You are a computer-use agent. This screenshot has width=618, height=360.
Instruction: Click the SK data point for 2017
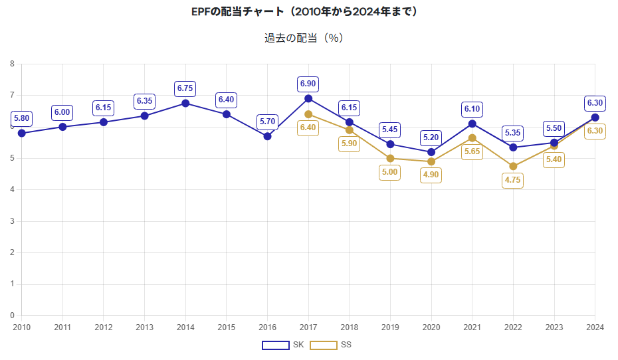pyautogui.click(x=308, y=98)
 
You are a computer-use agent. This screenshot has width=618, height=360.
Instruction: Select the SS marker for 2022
pyautogui.click(x=513, y=166)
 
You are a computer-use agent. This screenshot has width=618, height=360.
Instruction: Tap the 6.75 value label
pyautogui.click(x=185, y=88)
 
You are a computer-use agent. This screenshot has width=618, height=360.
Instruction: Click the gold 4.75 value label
pyautogui.click(x=513, y=180)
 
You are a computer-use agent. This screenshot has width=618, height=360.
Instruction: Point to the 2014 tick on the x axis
pyautogui.click(x=185, y=327)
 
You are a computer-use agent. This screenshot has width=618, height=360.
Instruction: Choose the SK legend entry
pyautogui.click(x=282, y=345)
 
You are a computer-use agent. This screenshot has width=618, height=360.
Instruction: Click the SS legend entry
pyautogui.click(x=330, y=345)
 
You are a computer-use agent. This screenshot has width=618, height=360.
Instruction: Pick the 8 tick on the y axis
pyautogui.click(x=12, y=64)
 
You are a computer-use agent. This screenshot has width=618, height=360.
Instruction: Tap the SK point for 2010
pyautogui.click(x=22, y=133)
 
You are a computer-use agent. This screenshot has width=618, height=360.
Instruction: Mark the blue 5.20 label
pyautogui.click(x=431, y=137)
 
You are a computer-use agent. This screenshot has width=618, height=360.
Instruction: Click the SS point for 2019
pyautogui.click(x=390, y=158)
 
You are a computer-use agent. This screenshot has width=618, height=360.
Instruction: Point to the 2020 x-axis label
pyautogui.click(x=431, y=327)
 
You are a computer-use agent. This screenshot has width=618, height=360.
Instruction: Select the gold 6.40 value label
pyautogui.click(x=308, y=128)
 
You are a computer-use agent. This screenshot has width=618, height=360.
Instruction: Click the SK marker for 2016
pyautogui.click(x=267, y=136)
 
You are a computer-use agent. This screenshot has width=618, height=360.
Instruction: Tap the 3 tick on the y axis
pyautogui.click(x=12, y=221)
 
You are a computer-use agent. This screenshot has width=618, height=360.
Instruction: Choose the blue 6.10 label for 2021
pyautogui.click(x=472, y=109)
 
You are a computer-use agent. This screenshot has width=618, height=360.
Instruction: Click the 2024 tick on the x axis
pyautogui.click(x=595, y=327)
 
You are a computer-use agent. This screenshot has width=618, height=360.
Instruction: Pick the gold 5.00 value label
pyautogui.click(x=390, y=172)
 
